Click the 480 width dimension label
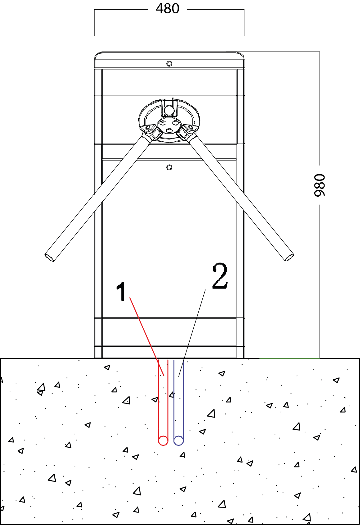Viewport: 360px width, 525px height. tap(168, 9)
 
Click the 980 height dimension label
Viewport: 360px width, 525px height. tap(320, 185)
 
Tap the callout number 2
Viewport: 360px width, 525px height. tap(220, 276)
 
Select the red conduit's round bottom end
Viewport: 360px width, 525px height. tap(163, 441)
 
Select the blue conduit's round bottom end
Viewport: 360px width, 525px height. tap(178, 441)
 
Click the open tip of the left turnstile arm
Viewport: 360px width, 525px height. tap(49, 258)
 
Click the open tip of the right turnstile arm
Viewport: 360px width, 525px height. tap(289, 257)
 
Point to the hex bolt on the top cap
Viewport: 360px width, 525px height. tap(169, 64)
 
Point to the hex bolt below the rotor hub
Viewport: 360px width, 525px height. tap(169, 167)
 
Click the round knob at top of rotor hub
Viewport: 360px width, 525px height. tap(169, 110)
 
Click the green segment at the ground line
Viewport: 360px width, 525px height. tap(289, 358)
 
